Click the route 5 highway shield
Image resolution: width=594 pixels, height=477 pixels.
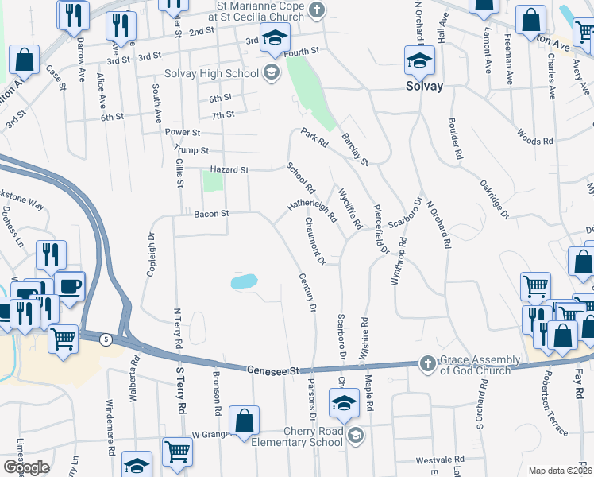pos(106,339)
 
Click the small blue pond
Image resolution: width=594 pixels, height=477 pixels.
pos(244,281)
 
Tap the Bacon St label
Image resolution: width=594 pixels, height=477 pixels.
pos(211,213)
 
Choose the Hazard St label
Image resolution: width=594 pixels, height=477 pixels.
pos(229,169)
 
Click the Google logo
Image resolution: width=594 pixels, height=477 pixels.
pos(26,467)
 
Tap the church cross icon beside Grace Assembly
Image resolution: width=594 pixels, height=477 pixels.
pos(428,363)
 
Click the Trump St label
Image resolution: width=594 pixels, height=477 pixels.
pos(193,150)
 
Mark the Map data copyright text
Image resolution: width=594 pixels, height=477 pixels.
pos(560,471)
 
